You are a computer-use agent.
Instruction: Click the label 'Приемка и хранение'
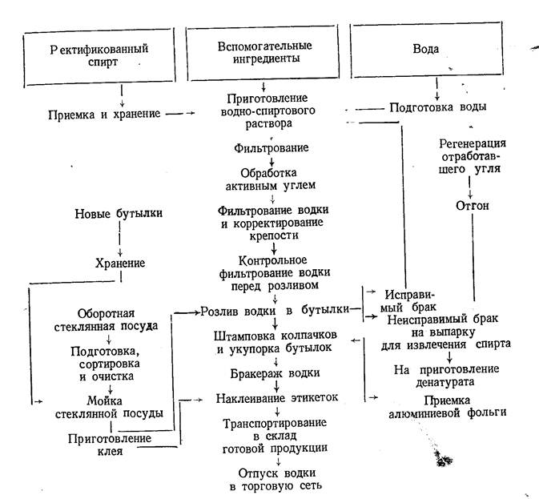[112, 115]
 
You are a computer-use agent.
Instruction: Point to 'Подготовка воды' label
[436, 107]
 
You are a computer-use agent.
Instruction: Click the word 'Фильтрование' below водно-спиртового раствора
[272, 148]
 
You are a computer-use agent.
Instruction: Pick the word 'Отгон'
[471, 206]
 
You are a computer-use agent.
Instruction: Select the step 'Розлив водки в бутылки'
[275, 309]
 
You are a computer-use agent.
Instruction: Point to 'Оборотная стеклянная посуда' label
[117, 320]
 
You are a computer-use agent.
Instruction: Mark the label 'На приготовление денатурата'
[447, 375]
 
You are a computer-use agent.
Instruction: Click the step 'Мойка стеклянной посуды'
[117, 407]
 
